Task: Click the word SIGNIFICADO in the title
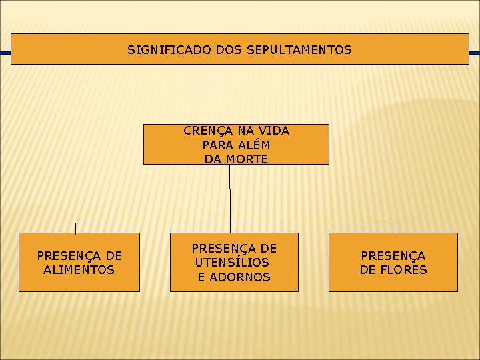tap(158, 50)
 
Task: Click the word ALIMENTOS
tap(79, 270)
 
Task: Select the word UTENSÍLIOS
tap(232, 263)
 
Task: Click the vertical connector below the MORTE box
tap(230, 193)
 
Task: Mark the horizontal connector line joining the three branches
tap(153, 223)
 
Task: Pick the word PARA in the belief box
tap(214, 145)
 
